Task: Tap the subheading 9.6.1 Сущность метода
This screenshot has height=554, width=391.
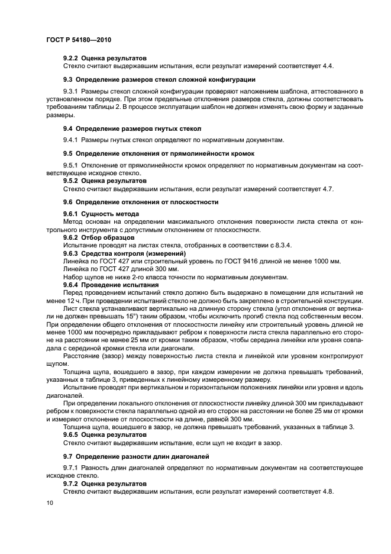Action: click(x=101, y=213)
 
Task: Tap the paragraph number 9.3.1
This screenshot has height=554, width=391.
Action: click(x=73, y=91)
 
